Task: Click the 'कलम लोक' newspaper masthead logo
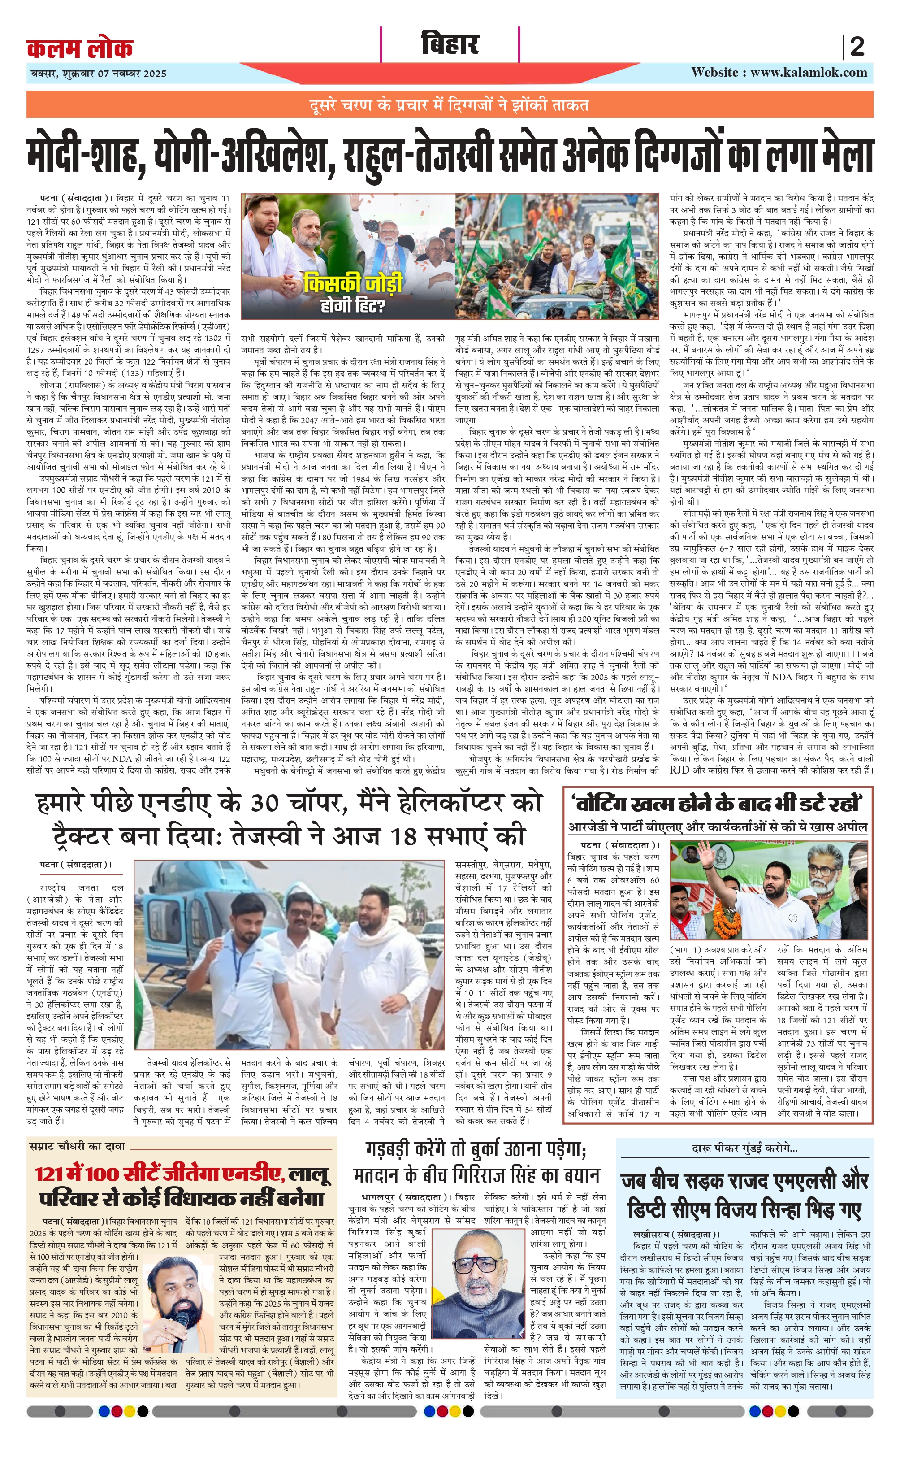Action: (80, 48)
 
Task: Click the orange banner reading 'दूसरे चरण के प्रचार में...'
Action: (450, 105)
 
